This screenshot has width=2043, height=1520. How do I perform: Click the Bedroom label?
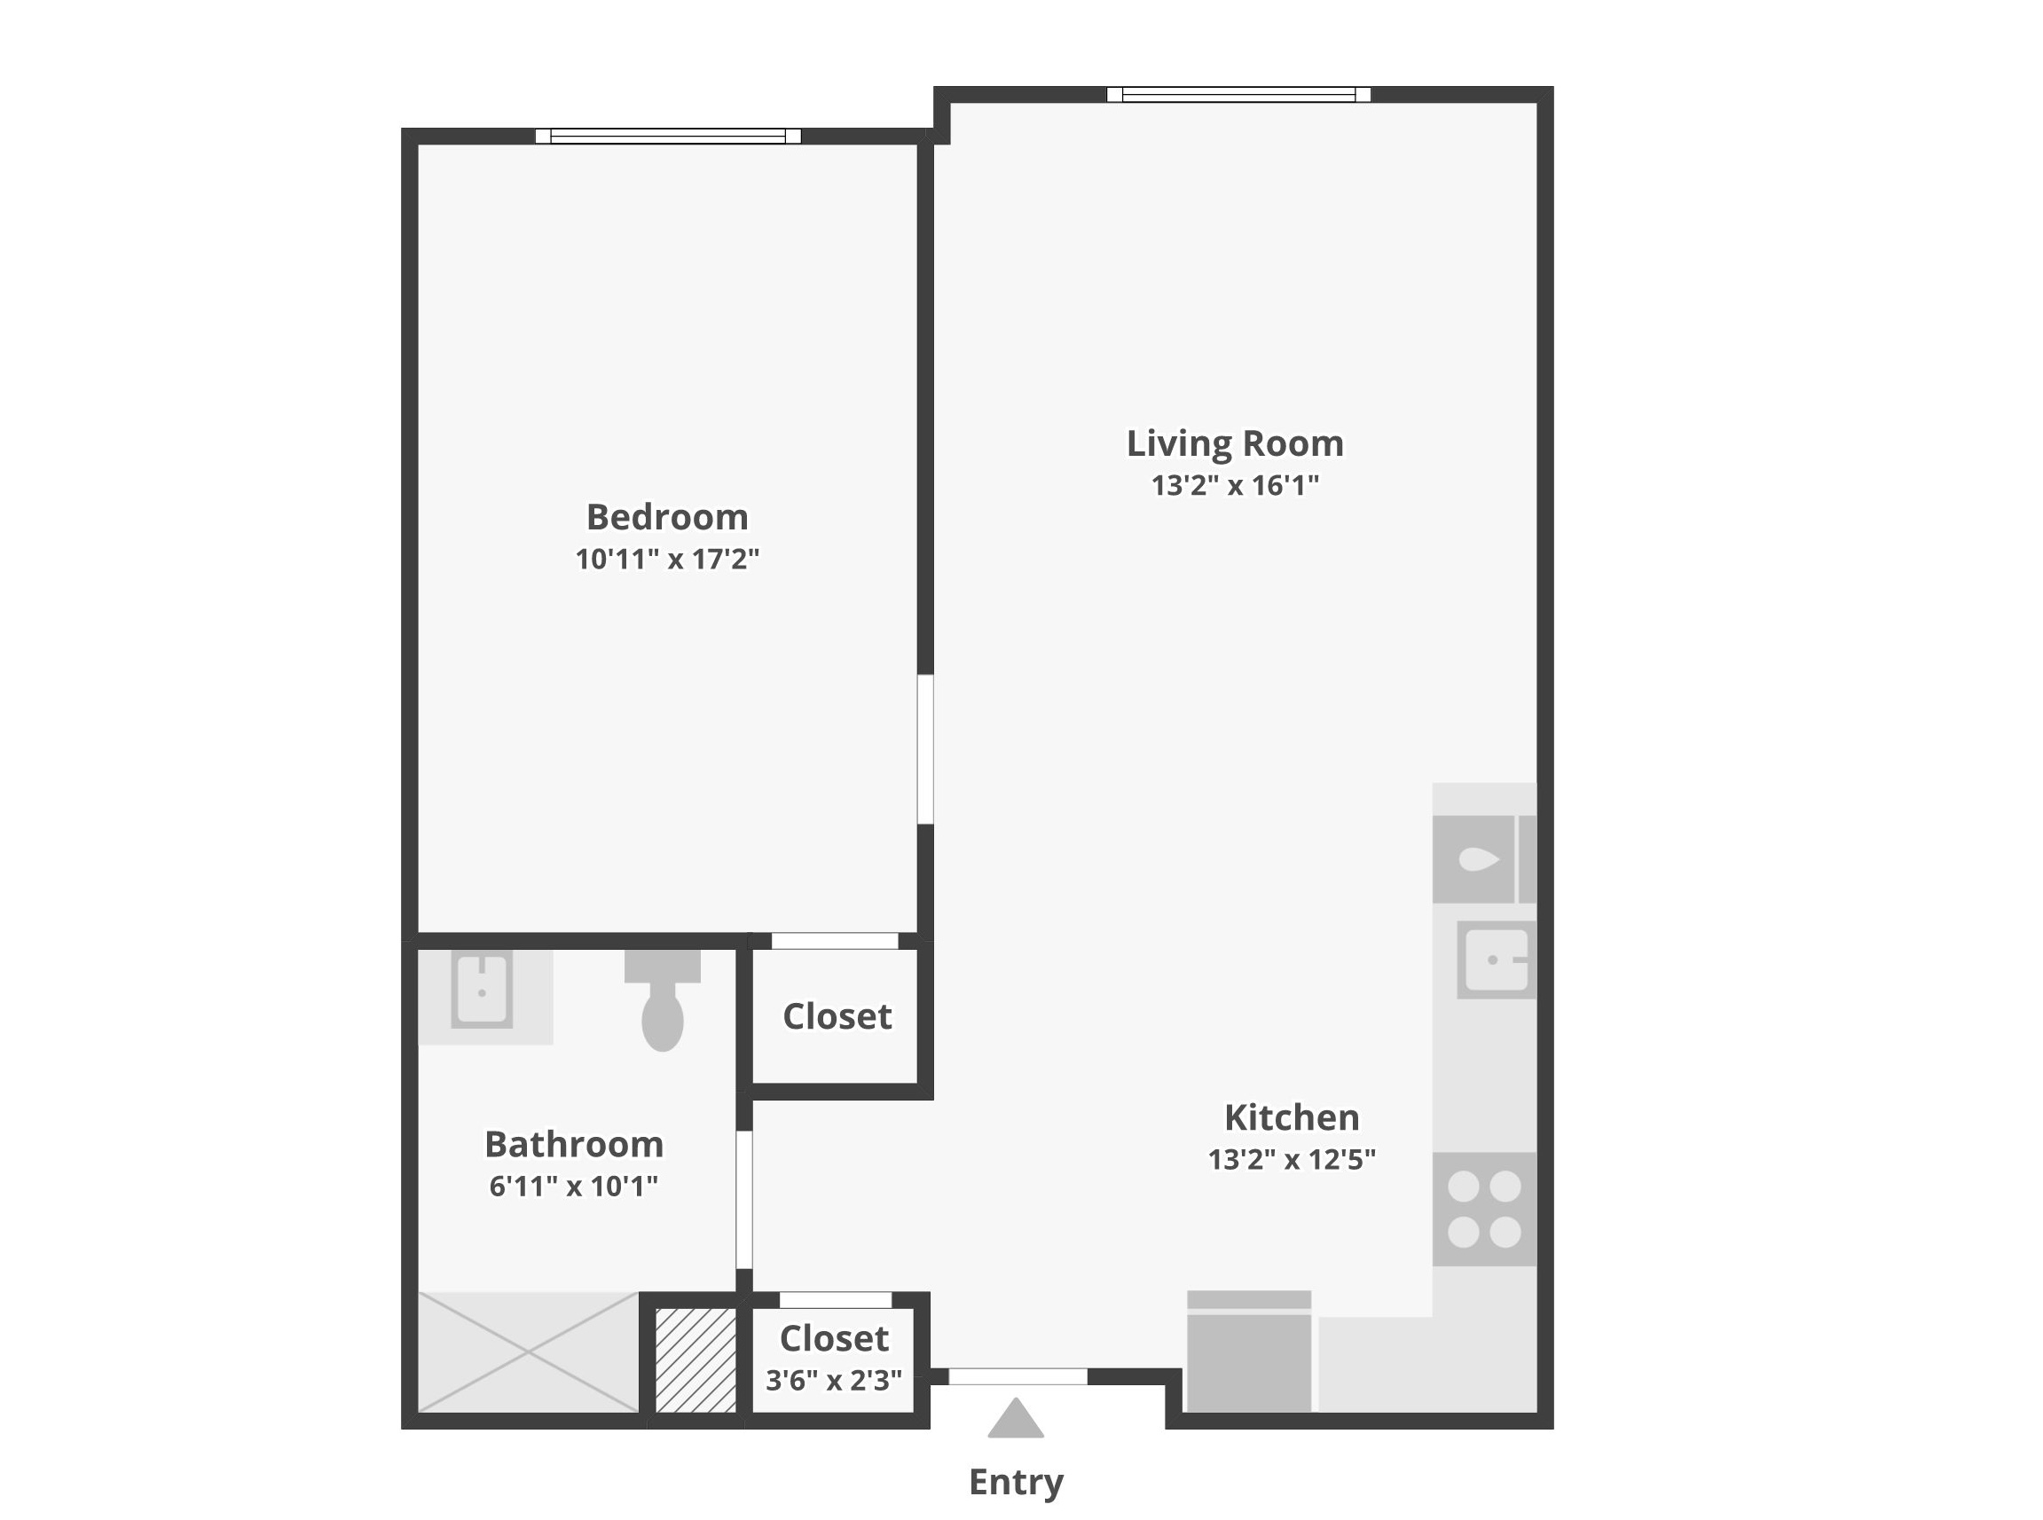(667, 517)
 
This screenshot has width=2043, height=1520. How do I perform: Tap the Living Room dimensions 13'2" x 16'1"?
(1235, 485)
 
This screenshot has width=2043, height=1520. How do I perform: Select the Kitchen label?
(1291, 1118)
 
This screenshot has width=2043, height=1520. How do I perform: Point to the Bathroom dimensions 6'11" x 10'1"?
(573, 1186)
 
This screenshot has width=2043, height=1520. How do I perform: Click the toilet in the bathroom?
(663, 1000)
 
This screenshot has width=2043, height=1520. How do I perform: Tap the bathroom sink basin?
(482, 991)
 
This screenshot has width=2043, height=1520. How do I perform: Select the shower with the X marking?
(528, 1352)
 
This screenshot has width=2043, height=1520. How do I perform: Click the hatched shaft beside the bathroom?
(695, 1359)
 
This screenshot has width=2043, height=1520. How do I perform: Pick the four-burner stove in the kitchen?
(1484, 1209)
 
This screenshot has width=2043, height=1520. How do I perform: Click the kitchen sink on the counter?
(1497, 960)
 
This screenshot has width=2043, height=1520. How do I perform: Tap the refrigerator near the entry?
(1249, 1352)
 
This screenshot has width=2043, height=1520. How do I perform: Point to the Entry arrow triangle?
(1016, 1418)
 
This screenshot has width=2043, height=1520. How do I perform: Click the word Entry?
(1016, 1482)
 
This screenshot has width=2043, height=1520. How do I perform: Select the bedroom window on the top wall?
(668, 137)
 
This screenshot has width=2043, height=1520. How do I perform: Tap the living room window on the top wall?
(1238, 94)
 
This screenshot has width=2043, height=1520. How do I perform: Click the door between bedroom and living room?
(926, 749)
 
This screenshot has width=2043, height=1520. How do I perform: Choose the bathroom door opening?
(744, 1200)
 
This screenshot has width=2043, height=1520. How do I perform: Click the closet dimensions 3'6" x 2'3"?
(834, 1380)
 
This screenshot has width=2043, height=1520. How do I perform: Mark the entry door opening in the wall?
(1018, 1376)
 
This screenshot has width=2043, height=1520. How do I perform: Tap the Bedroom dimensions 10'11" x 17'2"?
(667, 559)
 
